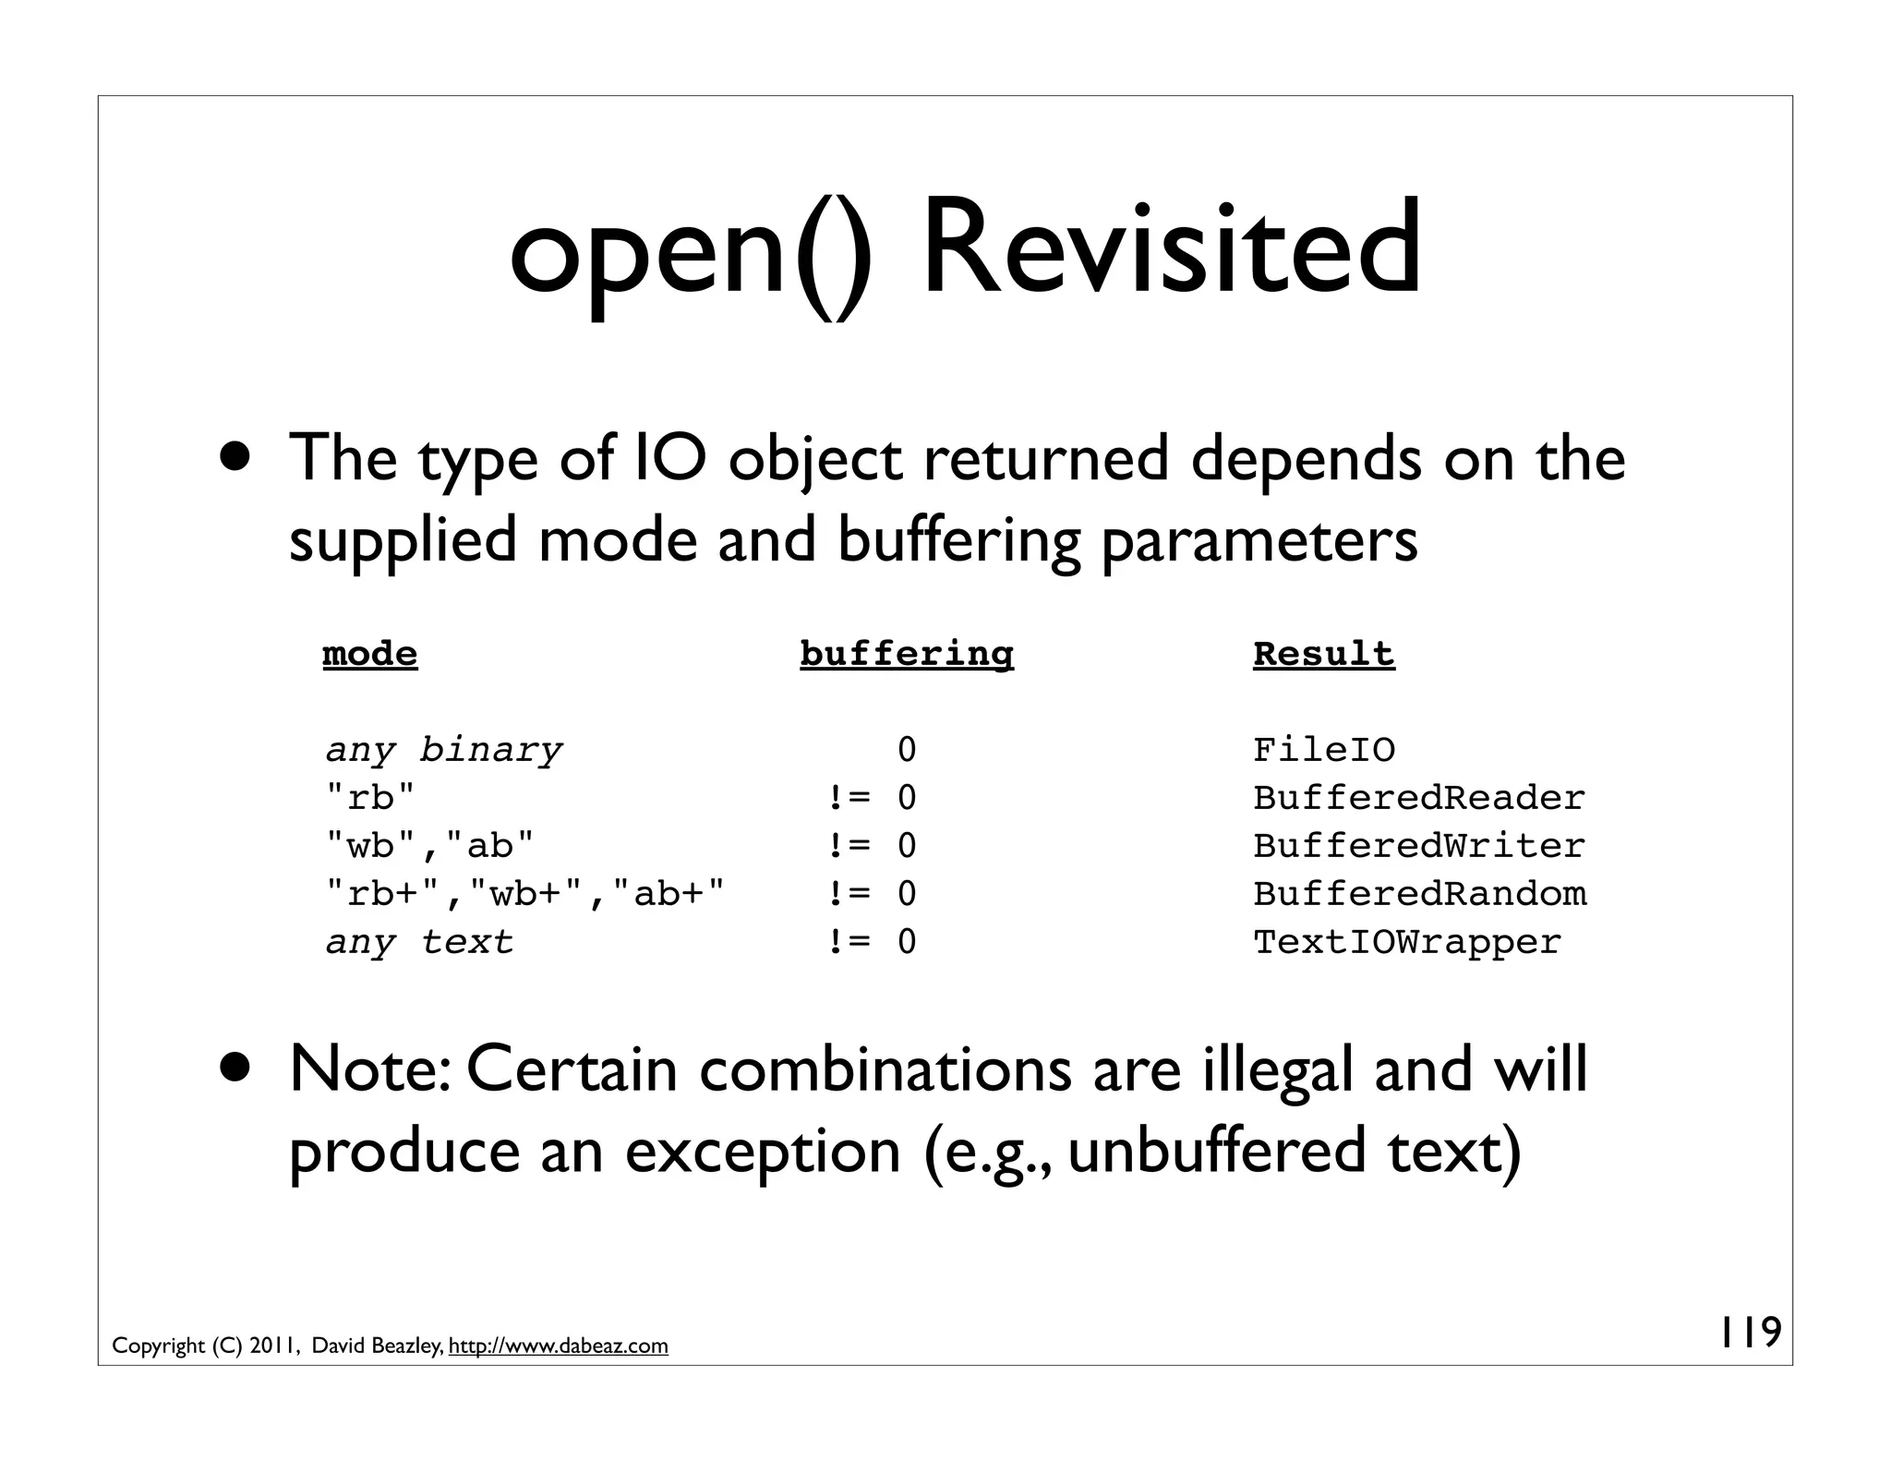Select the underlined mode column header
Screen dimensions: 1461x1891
click(370, 654)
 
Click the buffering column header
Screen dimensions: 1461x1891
click(907, 654)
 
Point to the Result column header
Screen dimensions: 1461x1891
click(1323, 654)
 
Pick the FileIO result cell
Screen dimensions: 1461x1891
click(1323, 750)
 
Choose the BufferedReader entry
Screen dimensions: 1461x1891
click(1418, 798)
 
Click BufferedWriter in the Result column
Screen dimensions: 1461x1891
click(1418, 846)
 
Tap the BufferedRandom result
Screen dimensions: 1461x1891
click(1419, 894)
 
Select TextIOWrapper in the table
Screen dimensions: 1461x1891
click(1406, 942)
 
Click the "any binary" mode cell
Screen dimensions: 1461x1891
click(443, 750)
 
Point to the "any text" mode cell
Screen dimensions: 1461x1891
click(419, 942)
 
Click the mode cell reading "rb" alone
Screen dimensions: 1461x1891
click(371, 798)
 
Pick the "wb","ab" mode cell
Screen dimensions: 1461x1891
click(430, 846)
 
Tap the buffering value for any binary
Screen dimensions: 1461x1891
click(907, 750)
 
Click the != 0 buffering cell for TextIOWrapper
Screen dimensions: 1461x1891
click(872, 942)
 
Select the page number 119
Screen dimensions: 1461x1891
click(1750, 1333)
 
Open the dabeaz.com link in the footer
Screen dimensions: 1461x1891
click(558, 1346)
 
